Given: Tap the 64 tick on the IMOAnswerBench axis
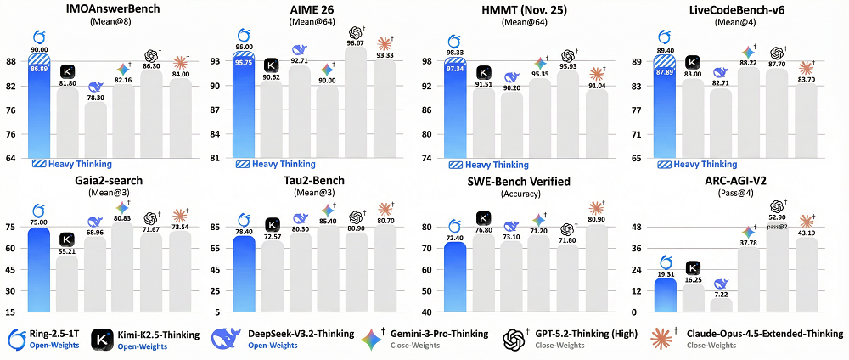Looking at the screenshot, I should point(11,159).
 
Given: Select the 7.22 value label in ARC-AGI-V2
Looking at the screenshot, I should point(721,295).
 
